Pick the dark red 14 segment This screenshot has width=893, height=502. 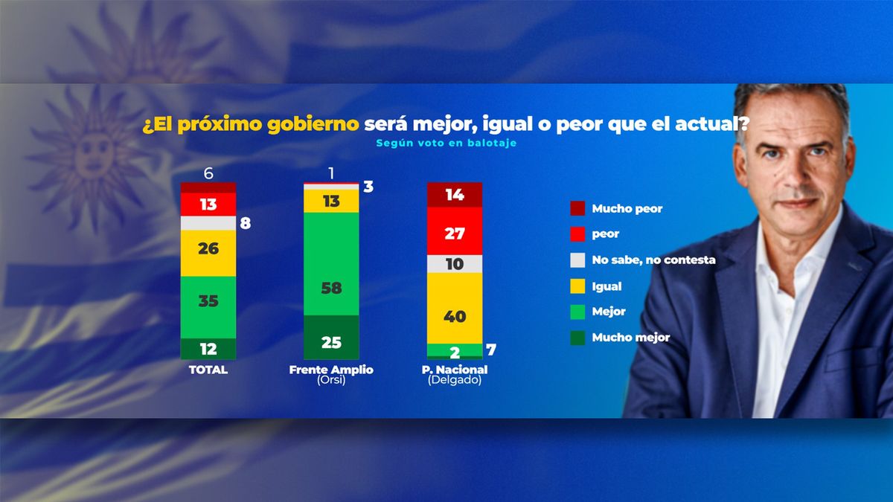click(x=455, y=196)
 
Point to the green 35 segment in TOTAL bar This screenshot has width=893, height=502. click(x=208, y=301)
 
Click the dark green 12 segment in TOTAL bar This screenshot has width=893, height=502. click(x=208, y=349)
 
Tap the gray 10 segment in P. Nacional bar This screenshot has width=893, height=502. click(x=455, y=264)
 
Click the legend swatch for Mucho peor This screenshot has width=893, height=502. click(x=577, y=209)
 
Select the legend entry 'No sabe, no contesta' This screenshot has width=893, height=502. click(x=653, y=260)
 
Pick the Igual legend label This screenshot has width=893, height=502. click(x=606, y=286)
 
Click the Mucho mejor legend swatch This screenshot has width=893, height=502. click(x=577, y=338)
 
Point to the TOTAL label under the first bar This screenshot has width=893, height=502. click(x=208, y=370)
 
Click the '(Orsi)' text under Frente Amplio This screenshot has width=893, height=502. click(x=331, y=381)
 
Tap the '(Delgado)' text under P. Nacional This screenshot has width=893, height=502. click(x=455, y=381)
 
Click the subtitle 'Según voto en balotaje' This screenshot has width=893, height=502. click(x=446, y=144)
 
